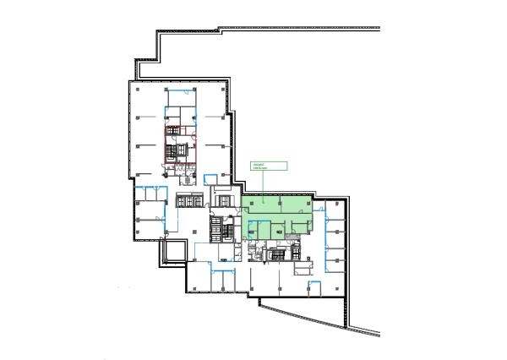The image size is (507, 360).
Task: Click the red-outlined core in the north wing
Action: point(179,144)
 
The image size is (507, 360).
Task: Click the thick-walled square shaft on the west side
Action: point(175,250)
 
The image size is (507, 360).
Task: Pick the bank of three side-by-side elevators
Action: point(189,200)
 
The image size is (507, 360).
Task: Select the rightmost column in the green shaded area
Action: point(309,204)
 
